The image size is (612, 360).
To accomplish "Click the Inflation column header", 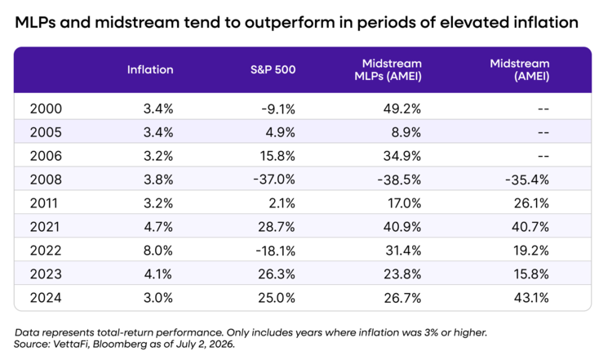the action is [x=150, y=70].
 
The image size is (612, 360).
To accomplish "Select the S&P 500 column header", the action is [x=273, y=70].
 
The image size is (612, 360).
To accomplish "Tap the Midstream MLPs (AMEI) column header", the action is [x=388, y=70].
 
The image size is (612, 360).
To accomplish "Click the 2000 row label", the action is [x=46, y=109].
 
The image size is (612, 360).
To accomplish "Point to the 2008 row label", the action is [x=46, y=180].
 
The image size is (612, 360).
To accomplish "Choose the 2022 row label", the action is [x=46, y=251].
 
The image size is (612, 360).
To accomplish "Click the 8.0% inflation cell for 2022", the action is [x=158, y=251].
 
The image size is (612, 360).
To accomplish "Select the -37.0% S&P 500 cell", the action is [x=274, y=180].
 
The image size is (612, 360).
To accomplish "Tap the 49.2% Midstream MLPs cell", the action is [x=402, y=109].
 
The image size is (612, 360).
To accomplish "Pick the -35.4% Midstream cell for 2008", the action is [x=527, y=180].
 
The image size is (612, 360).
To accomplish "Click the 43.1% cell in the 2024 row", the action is [x=531, y=298].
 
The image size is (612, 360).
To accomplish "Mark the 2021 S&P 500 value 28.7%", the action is [x=277, y=227].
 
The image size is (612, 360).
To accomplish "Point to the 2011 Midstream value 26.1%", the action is [x=531, y=203].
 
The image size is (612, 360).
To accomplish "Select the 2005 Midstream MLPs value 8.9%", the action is [x=406, y=132].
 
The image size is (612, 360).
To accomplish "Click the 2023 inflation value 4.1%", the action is [x=158, y=274].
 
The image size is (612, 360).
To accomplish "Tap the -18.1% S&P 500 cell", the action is [x=276, y=251].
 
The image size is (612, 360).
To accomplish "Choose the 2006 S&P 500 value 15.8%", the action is [x=277, y=156].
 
